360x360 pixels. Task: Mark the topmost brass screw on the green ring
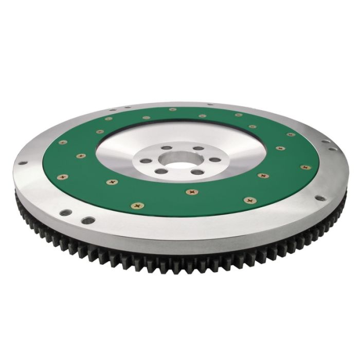pos(169,110)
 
